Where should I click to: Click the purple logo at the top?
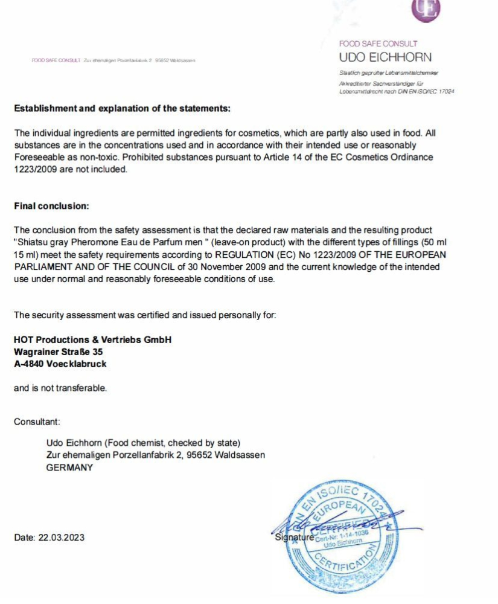click(x=426, y=8)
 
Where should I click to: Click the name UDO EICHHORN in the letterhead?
click(x=385, y=57)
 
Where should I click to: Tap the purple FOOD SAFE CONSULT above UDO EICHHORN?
click(x=378, y=43)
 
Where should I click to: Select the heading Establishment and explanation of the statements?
click(x=123, y=109)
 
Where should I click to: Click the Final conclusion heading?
click(x=51, y=206)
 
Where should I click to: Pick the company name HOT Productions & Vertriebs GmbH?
click(x=92, y=340)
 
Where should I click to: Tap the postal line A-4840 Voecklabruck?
click(x=60, y=364)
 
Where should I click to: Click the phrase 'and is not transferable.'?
click(x=60, y=388)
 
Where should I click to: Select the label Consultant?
click(x=37, y=422)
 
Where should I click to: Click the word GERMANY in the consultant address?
click(x=69, y=468)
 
